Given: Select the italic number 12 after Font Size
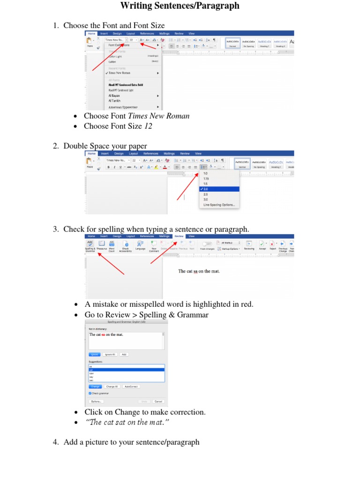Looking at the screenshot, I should pos(148,126).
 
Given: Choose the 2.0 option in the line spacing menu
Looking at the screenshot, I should pos(206,189).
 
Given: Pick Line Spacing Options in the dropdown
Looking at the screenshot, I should pos(219,205).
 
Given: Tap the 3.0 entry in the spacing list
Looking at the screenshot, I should pos(206,200).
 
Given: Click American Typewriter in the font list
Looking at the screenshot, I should pos(123,107).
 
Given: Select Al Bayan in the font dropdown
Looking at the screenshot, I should pos(115,95).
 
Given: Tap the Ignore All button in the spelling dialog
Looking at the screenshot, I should pos(110,354).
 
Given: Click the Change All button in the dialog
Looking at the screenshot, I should pos(112,386).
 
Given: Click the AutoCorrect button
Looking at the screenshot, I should pos(131,386).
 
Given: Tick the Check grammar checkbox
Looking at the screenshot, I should pos(90,393).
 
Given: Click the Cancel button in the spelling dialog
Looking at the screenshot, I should pos(158,401).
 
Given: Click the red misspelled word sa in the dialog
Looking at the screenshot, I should pos(103,334).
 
